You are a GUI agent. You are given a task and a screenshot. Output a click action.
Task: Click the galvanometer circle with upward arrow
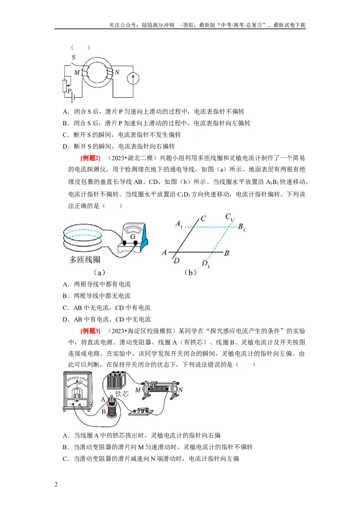[133, 78]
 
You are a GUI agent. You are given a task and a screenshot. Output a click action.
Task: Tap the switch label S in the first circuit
[74, 57]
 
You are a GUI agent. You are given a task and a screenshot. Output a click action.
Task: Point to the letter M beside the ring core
[77, 73]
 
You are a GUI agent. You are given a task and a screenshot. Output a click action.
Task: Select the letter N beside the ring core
[117, 72]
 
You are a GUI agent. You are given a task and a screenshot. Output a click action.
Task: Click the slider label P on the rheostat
[70, 91]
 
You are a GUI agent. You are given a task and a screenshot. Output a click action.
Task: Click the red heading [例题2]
[90, 158]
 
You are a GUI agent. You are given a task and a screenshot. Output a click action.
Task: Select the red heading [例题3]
[90, 331]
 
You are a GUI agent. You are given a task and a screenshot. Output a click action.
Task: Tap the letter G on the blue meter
[133, 237]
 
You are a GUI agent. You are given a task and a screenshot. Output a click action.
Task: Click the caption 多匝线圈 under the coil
[85, 260]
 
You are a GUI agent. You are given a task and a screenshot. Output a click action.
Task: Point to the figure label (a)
[99, 272]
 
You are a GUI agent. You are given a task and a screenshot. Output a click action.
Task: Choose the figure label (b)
[190, 272]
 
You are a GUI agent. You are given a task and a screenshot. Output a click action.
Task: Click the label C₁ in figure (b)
[229, 217]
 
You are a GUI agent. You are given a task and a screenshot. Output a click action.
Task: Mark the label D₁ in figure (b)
[206, 263]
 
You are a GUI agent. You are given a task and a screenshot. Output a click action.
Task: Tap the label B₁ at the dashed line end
[241, 227]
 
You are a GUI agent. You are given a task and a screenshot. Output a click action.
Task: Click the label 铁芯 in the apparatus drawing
[122, 393]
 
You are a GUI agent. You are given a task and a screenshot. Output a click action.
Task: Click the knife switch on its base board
[141, 411]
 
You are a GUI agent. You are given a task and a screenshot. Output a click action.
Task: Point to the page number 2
[56, 484]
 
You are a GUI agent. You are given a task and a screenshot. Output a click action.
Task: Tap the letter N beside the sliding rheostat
[180, 390]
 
